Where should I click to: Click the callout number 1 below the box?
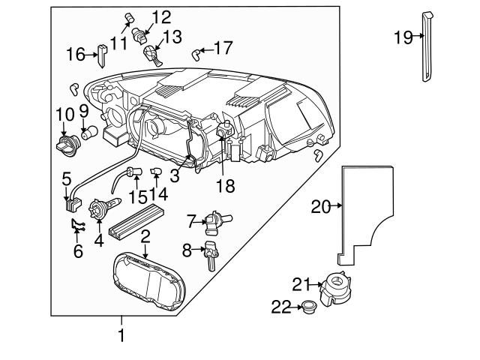[x=120, y=335]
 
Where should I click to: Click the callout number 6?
[x=77, y=251]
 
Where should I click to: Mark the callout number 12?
[x=161, y=16]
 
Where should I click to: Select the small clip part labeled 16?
[x=100, y=53]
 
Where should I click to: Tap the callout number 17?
[x=224, y=48]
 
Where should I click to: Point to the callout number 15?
[x=137, y=196]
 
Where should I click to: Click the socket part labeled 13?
[x=151, y=53]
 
